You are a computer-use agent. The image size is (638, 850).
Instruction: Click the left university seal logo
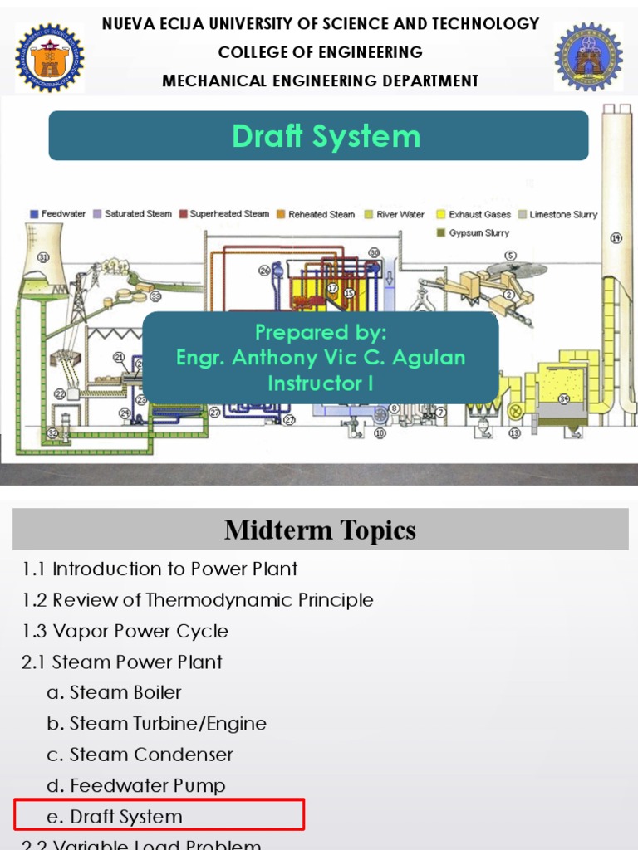[49, 57]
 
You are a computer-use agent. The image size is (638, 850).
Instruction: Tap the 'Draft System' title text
[326, 136]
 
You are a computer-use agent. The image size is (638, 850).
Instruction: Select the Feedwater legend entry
[59, 214]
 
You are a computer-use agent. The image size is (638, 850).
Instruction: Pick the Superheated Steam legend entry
[223, 214]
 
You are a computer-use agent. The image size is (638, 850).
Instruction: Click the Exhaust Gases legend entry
[474, 214]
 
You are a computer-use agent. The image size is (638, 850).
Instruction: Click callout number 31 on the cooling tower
[42, 257]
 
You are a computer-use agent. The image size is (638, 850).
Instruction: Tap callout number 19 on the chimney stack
[616, 238]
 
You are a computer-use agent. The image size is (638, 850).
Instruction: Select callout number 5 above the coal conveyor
[510, 256]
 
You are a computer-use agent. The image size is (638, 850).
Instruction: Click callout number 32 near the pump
[52, 432]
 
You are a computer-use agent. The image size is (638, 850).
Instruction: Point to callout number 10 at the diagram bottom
[380, 432]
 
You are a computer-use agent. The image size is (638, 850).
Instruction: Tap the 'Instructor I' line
[320, 383]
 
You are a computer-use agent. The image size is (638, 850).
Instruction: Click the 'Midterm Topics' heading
[320, 530]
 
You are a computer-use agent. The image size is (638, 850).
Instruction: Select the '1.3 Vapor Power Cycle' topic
[125, 631]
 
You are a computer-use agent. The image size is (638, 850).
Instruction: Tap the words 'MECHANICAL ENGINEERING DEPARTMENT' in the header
[320, 81]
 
